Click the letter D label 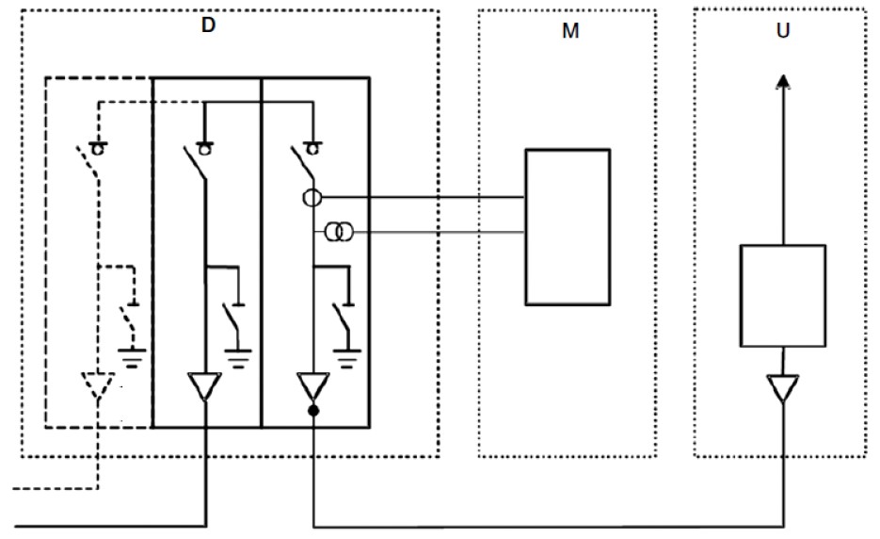208,25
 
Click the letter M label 570,31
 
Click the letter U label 783,30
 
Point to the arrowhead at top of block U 783,82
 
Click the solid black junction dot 313,411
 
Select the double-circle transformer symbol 339,232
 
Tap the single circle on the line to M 312,198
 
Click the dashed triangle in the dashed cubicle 98,385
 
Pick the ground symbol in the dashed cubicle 132,358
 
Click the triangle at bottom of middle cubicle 205,386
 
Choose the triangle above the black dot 313,386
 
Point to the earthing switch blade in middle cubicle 231,319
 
